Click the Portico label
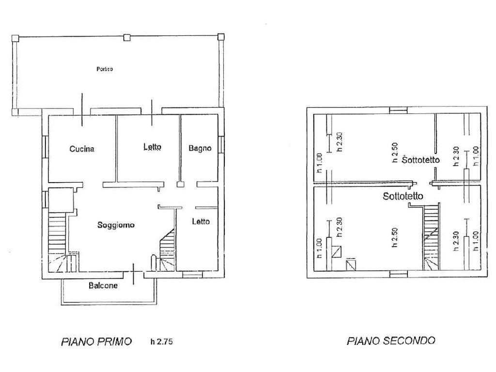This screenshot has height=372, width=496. (104, 69)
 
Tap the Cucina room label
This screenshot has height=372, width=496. (81, 149)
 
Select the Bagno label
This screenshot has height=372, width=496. (200, 148)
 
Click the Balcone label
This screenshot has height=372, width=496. (103, 286)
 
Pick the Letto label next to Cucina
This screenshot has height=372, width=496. (152, 146)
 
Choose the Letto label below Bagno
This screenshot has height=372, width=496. (201, 222)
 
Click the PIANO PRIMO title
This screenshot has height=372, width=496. (96, 341)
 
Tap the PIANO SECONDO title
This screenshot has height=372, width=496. (390, 341)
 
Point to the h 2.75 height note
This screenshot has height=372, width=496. (161, 342)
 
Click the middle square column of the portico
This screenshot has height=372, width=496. (127, 37)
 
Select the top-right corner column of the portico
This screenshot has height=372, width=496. (221, 36)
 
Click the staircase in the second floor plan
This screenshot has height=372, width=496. (431, 236)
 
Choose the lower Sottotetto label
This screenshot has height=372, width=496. (403, 196)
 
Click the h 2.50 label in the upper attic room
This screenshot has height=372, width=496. (395, 152)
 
